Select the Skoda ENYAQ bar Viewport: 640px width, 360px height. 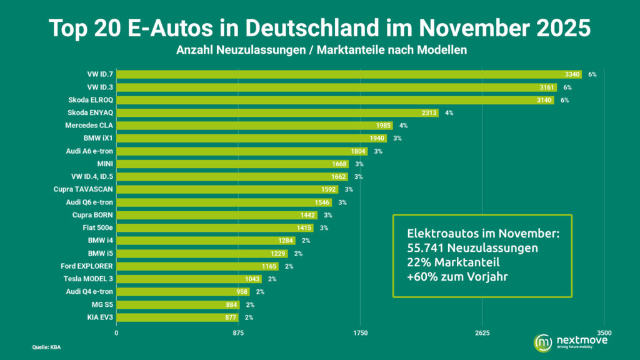tap(277, 113)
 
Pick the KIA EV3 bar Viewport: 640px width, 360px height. tap(177, 317)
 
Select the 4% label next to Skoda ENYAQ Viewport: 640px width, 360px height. tap(449, 113)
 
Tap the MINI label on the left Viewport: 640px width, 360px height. tap(104, 164)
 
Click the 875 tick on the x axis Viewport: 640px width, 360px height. tap(238, 332)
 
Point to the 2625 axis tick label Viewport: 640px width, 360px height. tap(482, 332)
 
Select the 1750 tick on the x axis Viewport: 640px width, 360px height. tap(360, 332)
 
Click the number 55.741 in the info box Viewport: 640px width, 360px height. tap(427, 247)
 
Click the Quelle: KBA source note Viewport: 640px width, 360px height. tap(47, 347)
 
